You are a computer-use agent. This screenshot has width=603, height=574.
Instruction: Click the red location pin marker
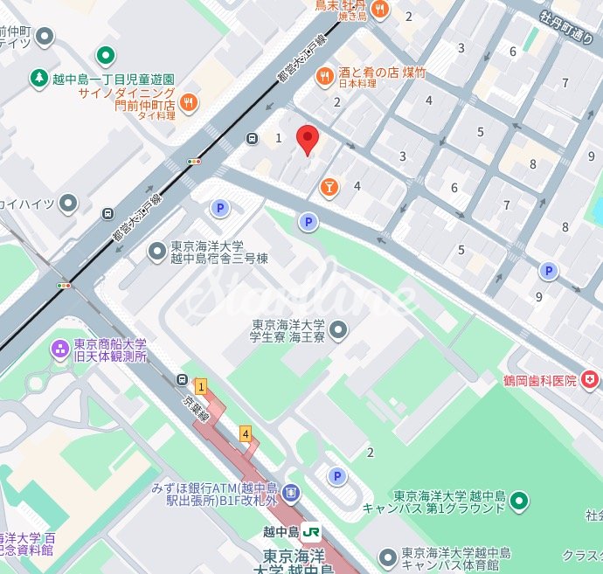(x=306, y=139)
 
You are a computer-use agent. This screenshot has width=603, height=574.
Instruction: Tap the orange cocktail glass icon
(x=329, y=186)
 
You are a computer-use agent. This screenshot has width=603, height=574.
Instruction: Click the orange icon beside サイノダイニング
(x=189, y=104)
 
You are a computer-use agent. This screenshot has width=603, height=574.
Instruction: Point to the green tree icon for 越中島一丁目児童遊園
(x=40, y=79)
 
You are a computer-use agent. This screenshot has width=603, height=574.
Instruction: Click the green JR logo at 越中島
(x=312, y=531)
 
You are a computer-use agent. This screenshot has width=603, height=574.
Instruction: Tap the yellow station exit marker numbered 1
(x=201, y=386)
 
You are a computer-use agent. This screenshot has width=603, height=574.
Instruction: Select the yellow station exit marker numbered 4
(x=246, y=433)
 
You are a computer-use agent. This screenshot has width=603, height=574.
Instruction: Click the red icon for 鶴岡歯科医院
(x=591, y=380)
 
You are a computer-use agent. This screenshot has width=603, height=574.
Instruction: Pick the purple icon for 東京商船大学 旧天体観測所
(x=59, y=349)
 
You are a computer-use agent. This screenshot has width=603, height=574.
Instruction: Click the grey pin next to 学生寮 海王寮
(x=338, y=329)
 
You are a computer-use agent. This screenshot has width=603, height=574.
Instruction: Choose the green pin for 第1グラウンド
(x=520, y=501)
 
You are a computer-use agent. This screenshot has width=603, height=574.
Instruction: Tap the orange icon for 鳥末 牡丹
(x=379, y=10)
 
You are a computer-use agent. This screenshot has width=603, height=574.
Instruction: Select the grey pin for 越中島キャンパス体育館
(x=388, y=557)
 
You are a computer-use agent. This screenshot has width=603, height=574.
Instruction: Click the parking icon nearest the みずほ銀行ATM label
(x=336, y=476)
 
